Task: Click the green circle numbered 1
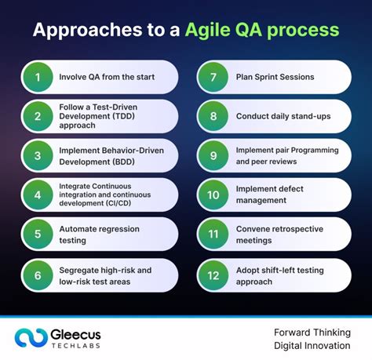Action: [x=36, y=77]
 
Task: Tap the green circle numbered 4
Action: [x=36, y=195]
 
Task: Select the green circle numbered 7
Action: [x=212, y=77]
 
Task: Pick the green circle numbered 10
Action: [x=212, y=195]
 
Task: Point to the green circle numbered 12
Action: [x=212, y=275]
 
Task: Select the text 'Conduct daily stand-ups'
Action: [x=283, y=116]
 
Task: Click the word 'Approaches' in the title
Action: [x=78, y=31]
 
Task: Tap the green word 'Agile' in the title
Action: [x=206, y=31]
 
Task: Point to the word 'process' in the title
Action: [x=304, y=31]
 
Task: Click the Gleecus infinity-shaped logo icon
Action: [x=29, y=336]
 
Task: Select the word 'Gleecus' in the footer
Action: [x=82, y=331]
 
